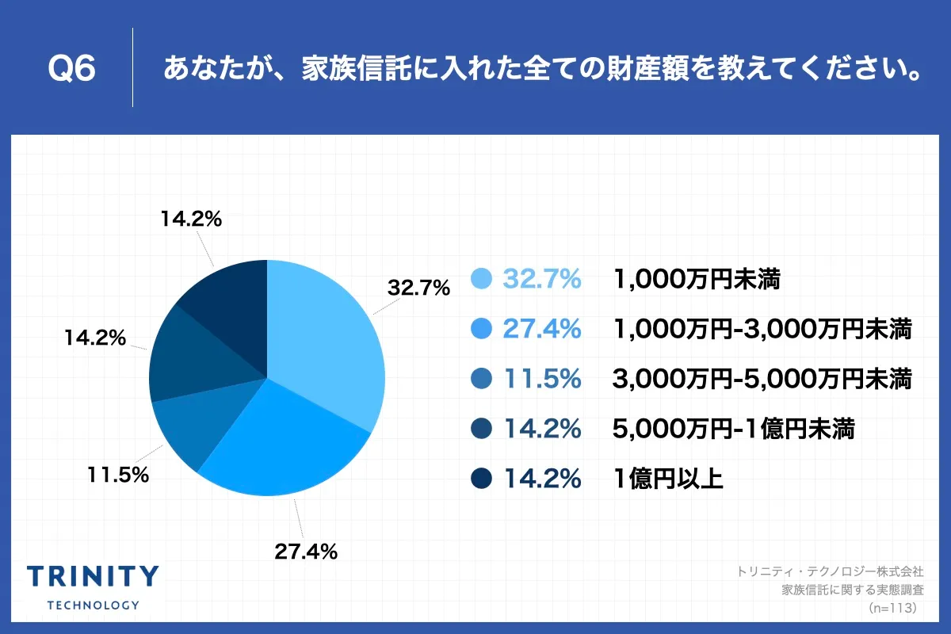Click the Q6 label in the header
coord(72,69)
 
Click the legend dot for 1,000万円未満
coord(481,279)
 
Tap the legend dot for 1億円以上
coord(481,479)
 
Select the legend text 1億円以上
coord(667,479)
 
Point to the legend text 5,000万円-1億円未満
coord(733,429)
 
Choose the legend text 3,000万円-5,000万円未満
coord(762,379)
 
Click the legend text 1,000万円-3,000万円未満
coord(762,329)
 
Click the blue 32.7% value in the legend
coord(542,279)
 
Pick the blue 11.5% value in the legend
coord(542,379)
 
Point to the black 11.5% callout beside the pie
coord(118,475)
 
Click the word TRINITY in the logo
coord(93,577)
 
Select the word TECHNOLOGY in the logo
coord(93,605)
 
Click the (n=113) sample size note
coord(892,608)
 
